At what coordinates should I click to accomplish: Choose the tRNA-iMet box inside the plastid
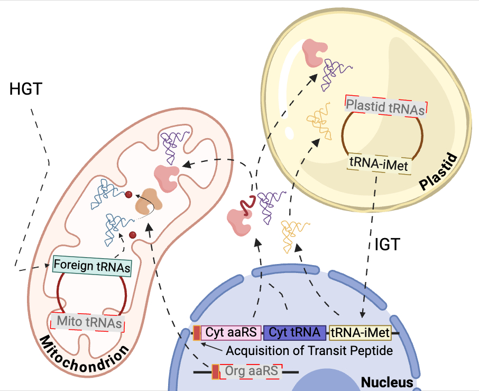[377, 161]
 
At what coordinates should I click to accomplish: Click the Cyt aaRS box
[231, 333]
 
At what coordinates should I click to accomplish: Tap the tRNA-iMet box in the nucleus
[360, 333]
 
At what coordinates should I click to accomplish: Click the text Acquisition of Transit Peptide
[309, 350]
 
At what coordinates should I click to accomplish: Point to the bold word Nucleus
[386, 382]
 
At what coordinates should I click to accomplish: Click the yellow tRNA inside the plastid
[318, 121]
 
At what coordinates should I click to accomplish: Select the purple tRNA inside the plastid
[337, 72]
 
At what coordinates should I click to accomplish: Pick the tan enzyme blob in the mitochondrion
[147, 201]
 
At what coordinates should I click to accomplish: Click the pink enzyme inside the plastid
[313, 52]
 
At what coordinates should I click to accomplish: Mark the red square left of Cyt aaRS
[197, 333]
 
